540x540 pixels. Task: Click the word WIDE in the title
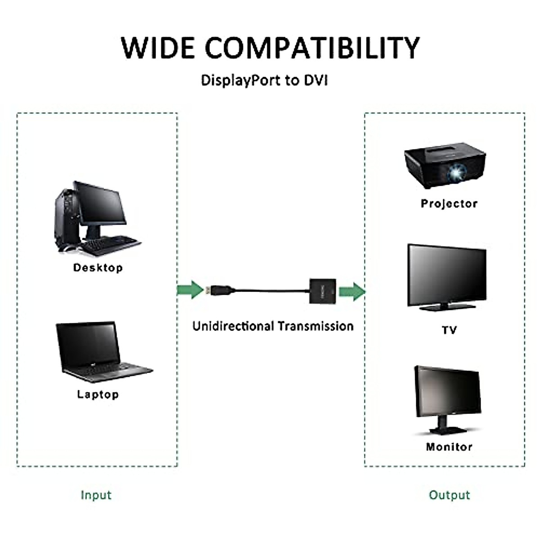(158, 48)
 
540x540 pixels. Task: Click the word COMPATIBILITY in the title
(312, 48)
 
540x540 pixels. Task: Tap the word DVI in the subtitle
(315, 81)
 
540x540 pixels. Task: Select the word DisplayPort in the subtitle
(241, 81)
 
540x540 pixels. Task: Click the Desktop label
(98, 268)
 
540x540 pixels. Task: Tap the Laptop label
(98, 395)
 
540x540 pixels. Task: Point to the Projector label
(449, 204)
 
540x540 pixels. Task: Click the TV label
(449, 330)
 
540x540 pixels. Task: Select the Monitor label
(449, 447)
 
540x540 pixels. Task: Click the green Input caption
(96, 495)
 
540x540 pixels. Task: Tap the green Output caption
(449, 495)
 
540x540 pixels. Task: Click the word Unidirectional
(233, 326)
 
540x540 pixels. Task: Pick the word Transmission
(315, 326)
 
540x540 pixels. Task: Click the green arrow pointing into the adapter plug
(190, 289)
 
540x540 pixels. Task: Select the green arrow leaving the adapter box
(352, 292)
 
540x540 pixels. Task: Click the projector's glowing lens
(456, 172)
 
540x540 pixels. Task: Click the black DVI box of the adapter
(323, 291)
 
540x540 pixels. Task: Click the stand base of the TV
(447, 307)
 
